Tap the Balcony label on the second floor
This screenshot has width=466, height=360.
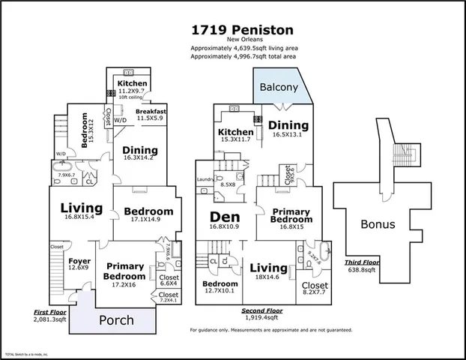click(279, 87)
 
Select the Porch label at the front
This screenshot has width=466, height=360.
click(116, 320)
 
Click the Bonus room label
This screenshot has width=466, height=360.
click(378, 224)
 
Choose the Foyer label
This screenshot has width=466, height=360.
click(78, 259)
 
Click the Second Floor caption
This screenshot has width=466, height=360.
click(261, 310)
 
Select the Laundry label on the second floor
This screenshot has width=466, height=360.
click(205, 179)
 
